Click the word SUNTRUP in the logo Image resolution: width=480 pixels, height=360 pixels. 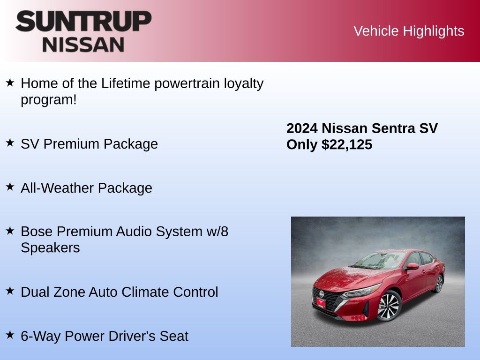(83, 22)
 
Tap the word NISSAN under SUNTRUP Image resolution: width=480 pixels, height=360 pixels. (83, 45)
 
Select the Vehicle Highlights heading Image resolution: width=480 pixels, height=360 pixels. (409, 31)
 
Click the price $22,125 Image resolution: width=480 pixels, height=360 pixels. (347, 145)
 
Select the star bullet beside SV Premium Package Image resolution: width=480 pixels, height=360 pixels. (10, 143)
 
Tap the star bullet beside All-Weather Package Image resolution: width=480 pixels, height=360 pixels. (10, 187)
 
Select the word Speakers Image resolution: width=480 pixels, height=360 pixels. (50, 247)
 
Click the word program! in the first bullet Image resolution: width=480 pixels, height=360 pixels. (48, 100)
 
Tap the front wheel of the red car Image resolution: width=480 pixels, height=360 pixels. (389, 306)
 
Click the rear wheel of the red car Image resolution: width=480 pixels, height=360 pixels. (439, 284)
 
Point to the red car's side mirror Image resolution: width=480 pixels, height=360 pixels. (412, 266)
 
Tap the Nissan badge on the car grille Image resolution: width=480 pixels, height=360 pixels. (322, 294)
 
